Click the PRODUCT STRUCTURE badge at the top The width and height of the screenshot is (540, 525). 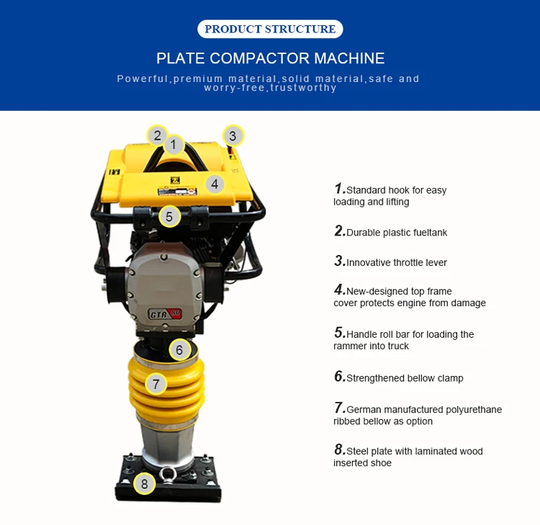[270, 30]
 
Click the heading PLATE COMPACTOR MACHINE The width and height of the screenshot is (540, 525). [270, 58]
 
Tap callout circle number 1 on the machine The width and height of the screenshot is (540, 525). [174, 145]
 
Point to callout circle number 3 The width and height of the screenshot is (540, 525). [232, 135]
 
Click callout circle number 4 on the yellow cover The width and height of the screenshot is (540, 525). [214, 184]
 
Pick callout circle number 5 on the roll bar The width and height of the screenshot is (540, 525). [169, 216]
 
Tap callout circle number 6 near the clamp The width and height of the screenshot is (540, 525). [180, 351]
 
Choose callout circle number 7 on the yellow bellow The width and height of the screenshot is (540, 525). [156, 384]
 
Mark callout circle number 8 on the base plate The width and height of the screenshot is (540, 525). [144, 483]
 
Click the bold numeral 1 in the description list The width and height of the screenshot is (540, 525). [339, 189]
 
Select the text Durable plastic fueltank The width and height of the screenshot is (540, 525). [396, 233]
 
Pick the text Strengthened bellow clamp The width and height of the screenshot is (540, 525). [405, 378]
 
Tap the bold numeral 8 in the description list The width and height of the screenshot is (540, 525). [339, 450]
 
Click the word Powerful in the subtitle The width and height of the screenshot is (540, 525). [143, 78]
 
